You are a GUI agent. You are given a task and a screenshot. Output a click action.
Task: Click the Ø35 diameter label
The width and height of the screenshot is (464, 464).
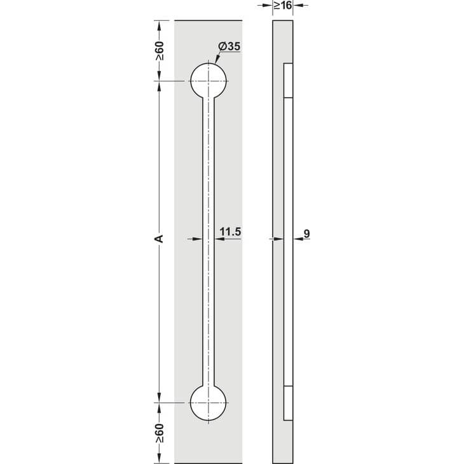click(x=229, y=46)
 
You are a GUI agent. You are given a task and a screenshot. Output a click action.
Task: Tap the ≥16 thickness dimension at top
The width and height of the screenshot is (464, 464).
click(x=283, y=5)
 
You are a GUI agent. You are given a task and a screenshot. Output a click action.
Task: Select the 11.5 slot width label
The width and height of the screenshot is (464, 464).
click(x=230, y=232)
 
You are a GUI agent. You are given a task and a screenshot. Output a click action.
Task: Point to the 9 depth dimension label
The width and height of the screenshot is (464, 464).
click(x=306, y=234)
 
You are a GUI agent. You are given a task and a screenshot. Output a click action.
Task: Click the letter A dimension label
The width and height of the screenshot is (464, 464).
click(x=159, y=239)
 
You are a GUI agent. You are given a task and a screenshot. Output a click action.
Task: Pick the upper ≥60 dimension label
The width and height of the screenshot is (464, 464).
click(x=160, y=51)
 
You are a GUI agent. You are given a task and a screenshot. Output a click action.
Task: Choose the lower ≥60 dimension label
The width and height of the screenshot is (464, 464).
click(x=160, y=433)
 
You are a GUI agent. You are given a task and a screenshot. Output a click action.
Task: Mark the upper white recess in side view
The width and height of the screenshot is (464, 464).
click(x=288, y=81)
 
